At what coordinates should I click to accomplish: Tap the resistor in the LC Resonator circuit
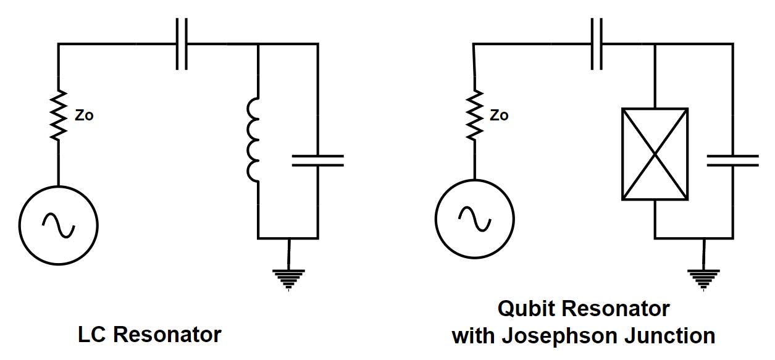coord(59,115)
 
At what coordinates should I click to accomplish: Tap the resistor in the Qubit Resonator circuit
coord(475,115)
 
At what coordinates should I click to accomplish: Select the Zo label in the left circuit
coord(84,115)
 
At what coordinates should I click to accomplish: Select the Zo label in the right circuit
coord(500,115)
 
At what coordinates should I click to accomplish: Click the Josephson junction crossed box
coord(655,154)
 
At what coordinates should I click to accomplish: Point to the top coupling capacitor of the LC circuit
coord(181,44)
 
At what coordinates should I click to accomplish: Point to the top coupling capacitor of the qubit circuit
coord(597,44)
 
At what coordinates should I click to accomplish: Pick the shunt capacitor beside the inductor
coord(317,161)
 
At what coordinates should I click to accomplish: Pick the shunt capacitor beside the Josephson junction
coord(732,161)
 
